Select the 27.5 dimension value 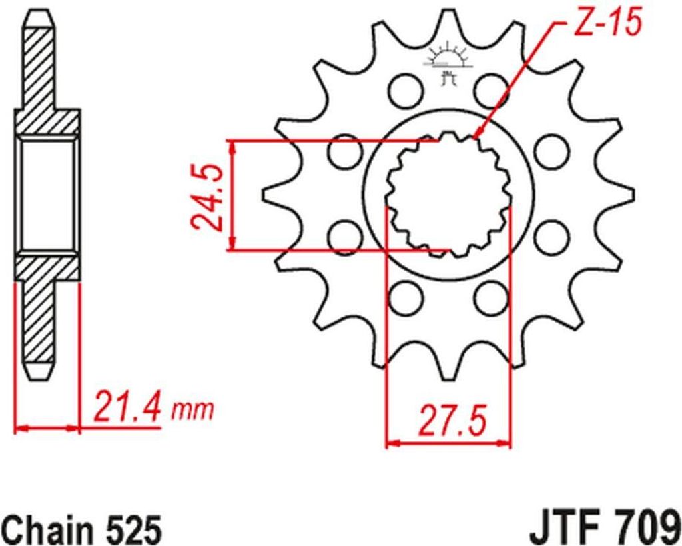tap(451, 420)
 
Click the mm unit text tap(192, 410)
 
